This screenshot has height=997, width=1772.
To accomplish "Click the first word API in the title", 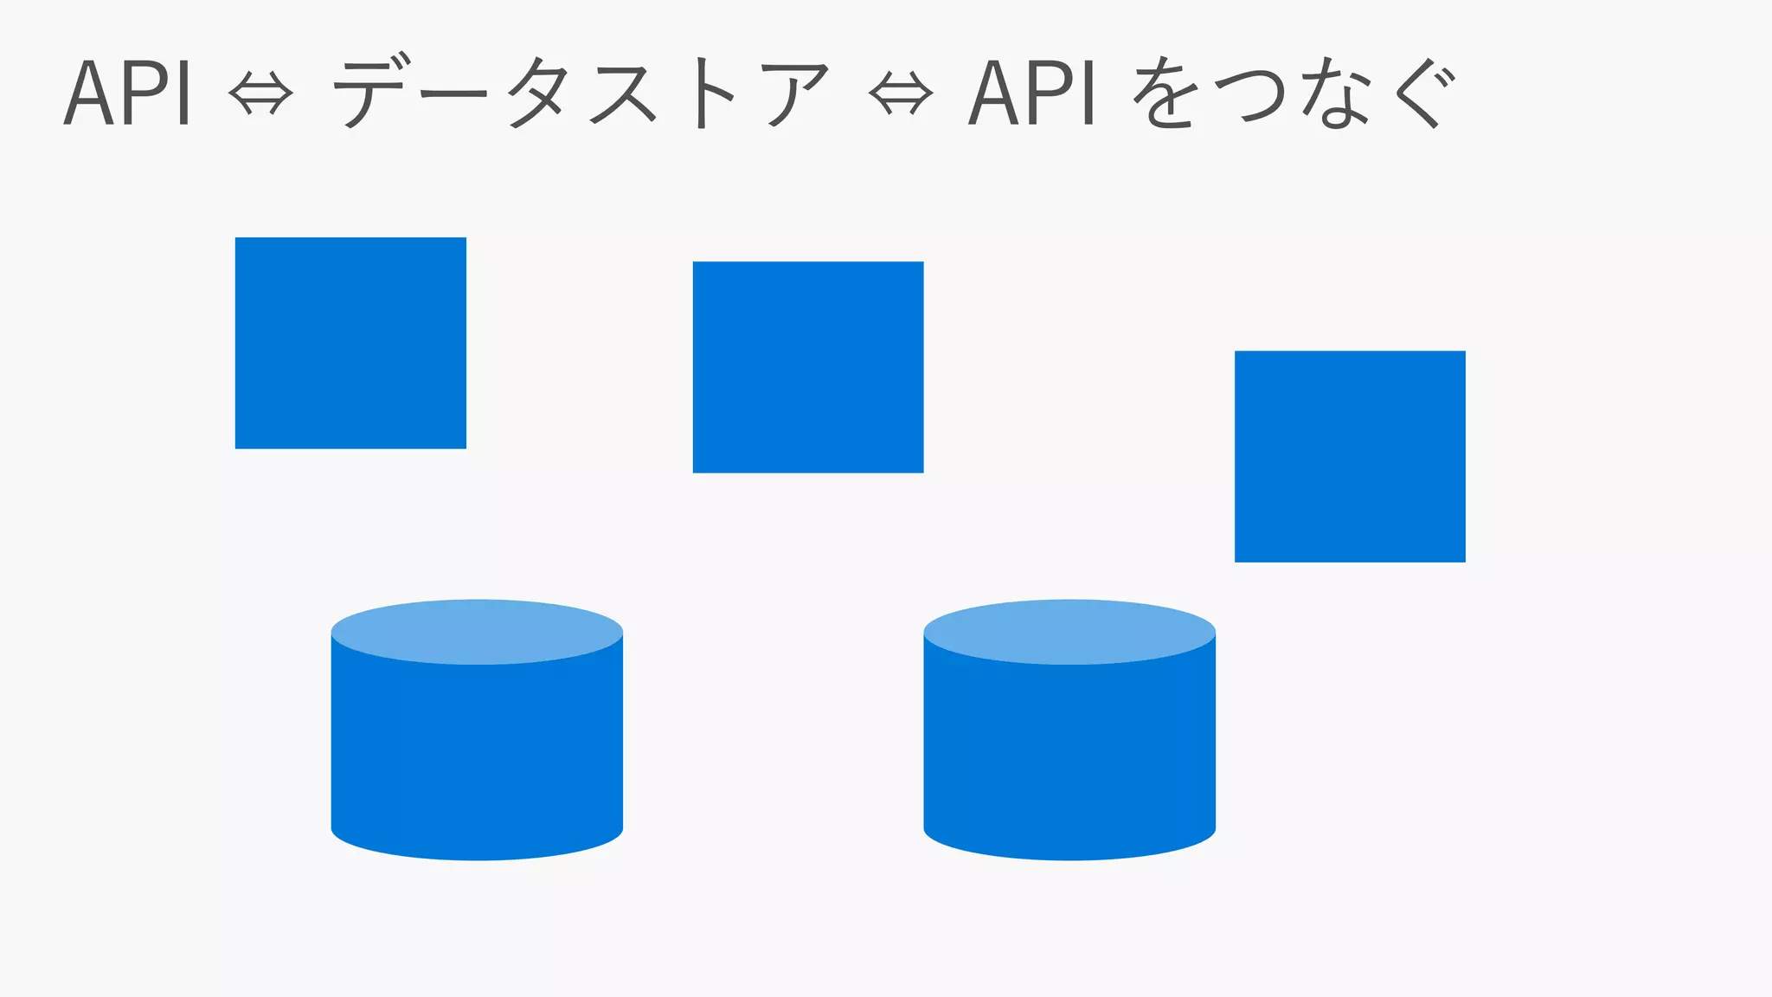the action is coord(127,93).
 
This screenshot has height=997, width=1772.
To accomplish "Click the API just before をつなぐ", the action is coord(1031,93).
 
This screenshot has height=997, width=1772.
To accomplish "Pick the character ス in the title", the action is coord(621,93).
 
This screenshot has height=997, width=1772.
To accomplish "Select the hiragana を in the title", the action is coord(1165,93).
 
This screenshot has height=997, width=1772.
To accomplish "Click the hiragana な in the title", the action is coord(1338,93).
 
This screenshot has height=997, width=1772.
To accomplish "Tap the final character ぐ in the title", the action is coord(1423,93).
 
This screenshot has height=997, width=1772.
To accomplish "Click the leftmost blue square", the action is coord(350,343).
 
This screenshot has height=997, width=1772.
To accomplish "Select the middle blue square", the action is coord(808,367).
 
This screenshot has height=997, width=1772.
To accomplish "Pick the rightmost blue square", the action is coord(1350,456).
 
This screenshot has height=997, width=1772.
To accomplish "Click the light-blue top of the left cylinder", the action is coord(477,632).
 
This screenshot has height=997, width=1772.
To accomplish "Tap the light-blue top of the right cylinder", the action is coord(1069,632).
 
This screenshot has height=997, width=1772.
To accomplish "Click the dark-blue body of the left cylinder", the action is coord(477,753).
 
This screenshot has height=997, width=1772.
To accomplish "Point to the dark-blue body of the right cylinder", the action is coord(1069,753).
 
